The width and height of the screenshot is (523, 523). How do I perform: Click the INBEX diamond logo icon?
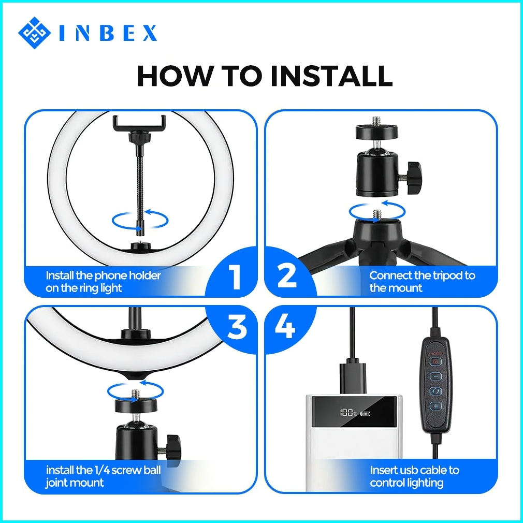pyautogui.click(x=34, y=33)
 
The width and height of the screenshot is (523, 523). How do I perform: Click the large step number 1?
pyautogui.click(x=236, y=276)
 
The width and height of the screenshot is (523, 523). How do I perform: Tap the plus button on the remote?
pyautogui.click(x=435, y=406)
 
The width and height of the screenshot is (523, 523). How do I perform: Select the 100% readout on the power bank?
pyautogui.click(x=348, y=413)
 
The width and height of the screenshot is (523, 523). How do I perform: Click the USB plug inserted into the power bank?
pyautogui.click(x=353, y=377)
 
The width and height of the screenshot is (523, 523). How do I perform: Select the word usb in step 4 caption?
pyautogui.click(x=410, y=470)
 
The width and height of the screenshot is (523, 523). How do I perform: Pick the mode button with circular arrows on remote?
pyautogui.click(x=435, y=391)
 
